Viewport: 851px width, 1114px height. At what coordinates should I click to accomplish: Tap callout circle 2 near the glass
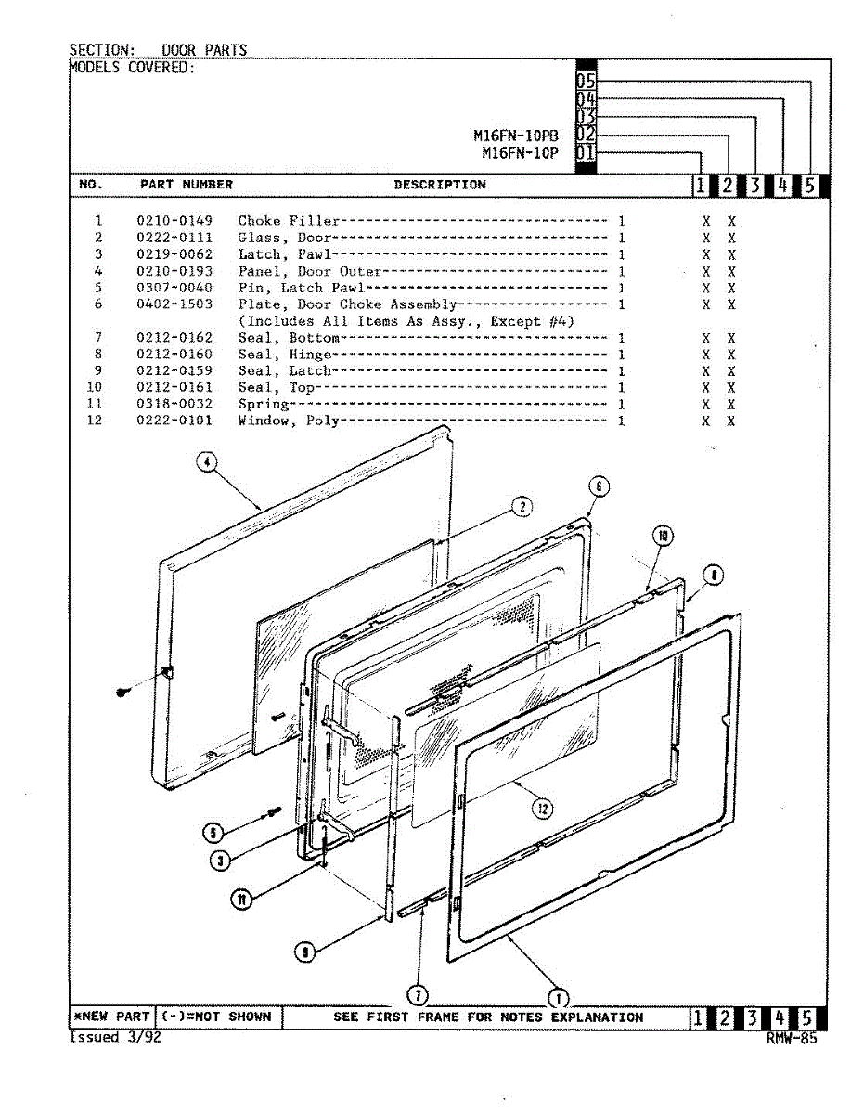522,506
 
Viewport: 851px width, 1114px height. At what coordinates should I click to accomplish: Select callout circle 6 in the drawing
600,487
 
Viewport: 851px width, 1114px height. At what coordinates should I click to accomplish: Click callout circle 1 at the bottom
558,998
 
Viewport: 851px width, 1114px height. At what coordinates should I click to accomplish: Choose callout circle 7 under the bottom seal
419,994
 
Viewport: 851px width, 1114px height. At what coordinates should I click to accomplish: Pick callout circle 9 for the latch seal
304,951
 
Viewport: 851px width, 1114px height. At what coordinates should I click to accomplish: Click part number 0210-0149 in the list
174,221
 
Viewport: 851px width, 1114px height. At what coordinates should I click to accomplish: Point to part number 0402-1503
174,304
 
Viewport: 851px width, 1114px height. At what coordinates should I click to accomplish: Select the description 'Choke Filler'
288,221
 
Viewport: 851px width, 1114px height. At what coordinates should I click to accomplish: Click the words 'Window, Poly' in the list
288,421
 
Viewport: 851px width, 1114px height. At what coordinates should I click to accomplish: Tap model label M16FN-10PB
516,135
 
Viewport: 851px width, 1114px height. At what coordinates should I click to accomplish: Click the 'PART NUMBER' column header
187,185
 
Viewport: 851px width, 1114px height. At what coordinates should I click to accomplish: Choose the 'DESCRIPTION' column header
439,185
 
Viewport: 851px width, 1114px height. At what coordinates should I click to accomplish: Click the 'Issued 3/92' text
115,1038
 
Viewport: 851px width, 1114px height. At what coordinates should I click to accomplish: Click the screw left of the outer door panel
122,692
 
